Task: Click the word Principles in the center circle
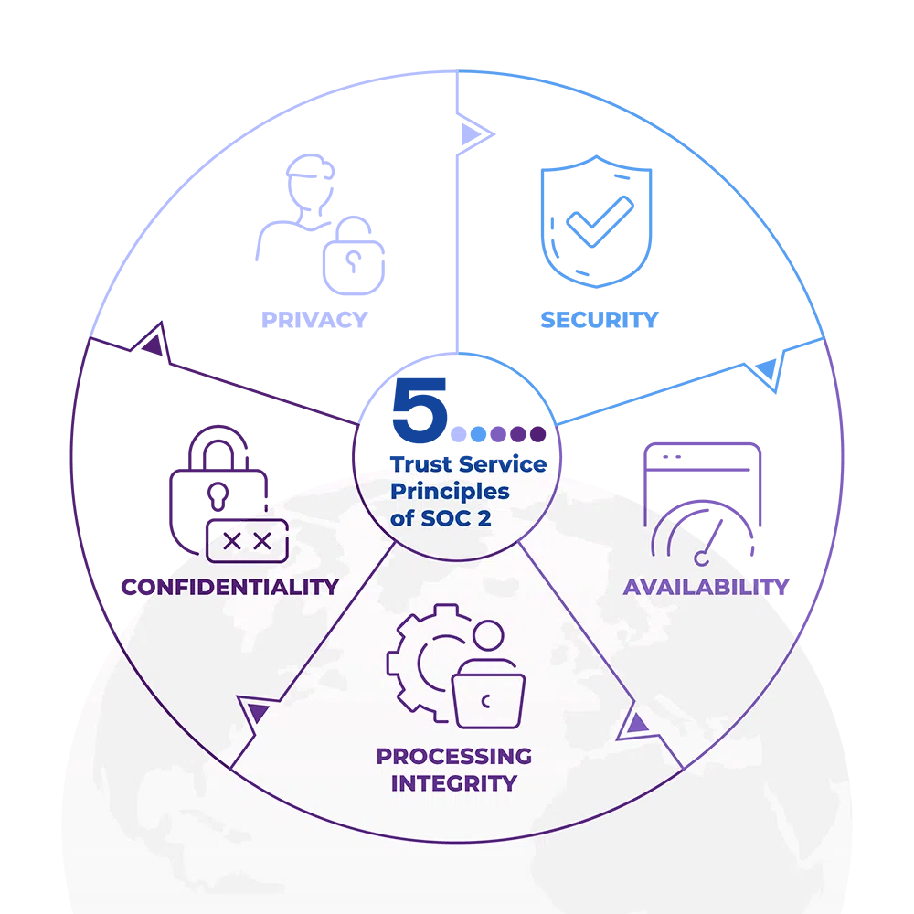pyautogui.click(x=450, y=491)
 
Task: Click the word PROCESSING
pyautogui.click(x=453, y=756)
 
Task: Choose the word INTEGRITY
pyautogui.click(x=453, y=783)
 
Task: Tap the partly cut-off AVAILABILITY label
pyautogui.click(x=699, y=587)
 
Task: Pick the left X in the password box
pyautogui.click(x=232, y=541)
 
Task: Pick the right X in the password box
pyautogui.click(x=262, y=541)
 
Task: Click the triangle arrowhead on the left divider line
pyautogui.click(x=255, y=710)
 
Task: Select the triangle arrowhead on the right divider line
pyautogui.click(x=635, y=725)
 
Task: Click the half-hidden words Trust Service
pyautogui.click(x=468, y=464)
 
